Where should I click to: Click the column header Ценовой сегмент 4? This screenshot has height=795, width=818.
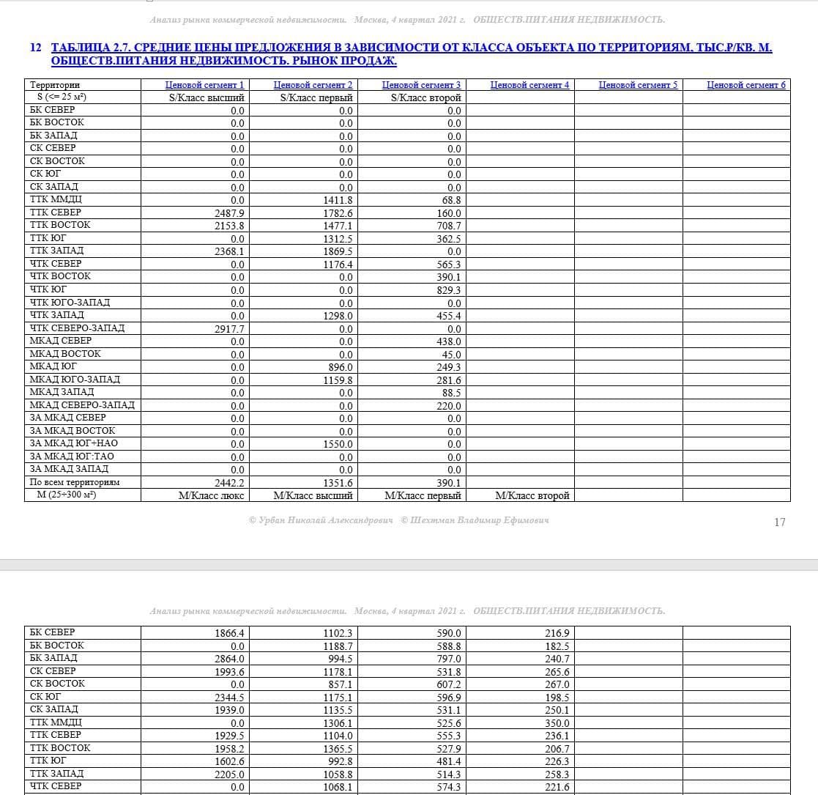pyautogui.click(x=529, y=85)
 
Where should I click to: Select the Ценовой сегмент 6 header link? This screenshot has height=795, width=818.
pyautogui.click(x=746, y=85)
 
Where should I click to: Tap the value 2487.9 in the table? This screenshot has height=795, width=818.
pyautogui.click(x=229, y=213)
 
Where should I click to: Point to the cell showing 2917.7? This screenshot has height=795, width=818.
pyautogui.click(x=229, y=329)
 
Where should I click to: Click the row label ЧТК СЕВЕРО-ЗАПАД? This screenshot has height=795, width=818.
pyautogui.click(x=77, y=328)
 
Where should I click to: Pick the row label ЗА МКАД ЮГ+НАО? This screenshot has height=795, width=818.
pyautogui.click(x=73, y=443)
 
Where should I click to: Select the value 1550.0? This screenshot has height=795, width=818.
pyautogui.click(x=338, y=444)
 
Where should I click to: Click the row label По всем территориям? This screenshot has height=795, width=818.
pyautogui.click(x=74, y=482)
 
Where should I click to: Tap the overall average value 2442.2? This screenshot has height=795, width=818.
pyautogui.click(x=229, y=483)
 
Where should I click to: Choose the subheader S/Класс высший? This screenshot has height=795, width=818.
pyautogui.click(x=207, y=97)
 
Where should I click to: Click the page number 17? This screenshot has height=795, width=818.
pyautogui.click(x=779, y=522)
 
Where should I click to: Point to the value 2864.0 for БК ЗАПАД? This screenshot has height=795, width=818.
pyautogui.click(x=229, y=659)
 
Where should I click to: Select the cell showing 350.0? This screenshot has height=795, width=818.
pyautogui.click(x=557, y=723)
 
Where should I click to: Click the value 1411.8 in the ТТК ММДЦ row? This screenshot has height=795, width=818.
pyautogui.click(x=338, y=200)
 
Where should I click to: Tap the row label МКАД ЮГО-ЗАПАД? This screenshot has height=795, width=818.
pyautogui.click(x=75, y=379)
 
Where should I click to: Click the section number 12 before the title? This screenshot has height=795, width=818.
pyautogui.click(x=36, y=48)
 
